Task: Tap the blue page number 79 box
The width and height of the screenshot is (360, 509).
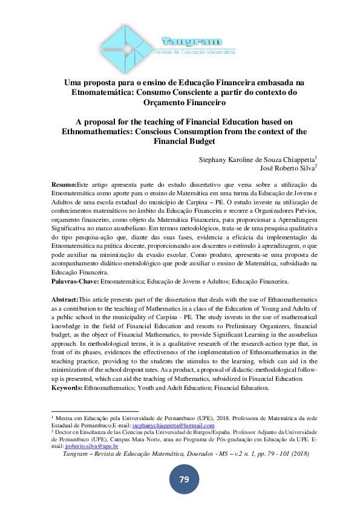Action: [x=184, y=479]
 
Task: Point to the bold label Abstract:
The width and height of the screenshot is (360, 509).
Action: [x=65, y=299]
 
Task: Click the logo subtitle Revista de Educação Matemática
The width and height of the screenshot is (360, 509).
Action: [x=195, y=53]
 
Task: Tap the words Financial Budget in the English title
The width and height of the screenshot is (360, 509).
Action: [x=184, y=141]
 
